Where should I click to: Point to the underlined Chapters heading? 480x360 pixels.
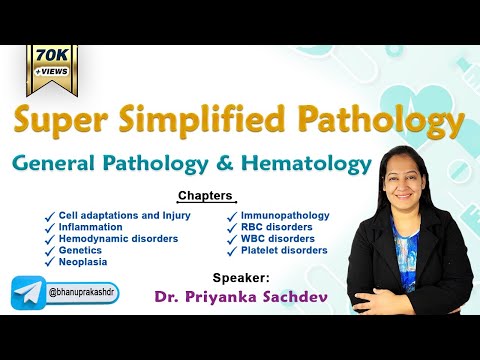click(205, 195)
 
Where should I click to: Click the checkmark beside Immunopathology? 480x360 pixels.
click(231, 215)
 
